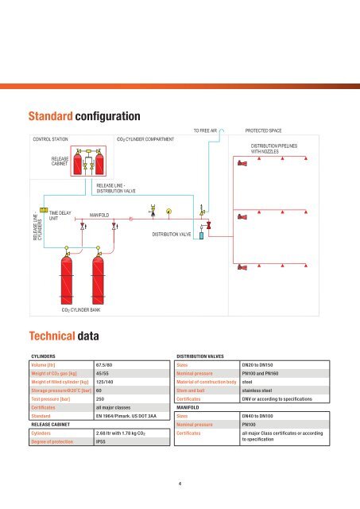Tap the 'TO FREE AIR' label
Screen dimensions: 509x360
(205, 128)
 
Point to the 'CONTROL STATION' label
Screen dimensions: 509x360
(50, 138)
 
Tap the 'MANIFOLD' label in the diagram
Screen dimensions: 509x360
(99, 214)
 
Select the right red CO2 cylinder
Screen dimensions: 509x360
(99, 270)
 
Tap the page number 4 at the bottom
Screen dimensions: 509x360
(180, 481)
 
